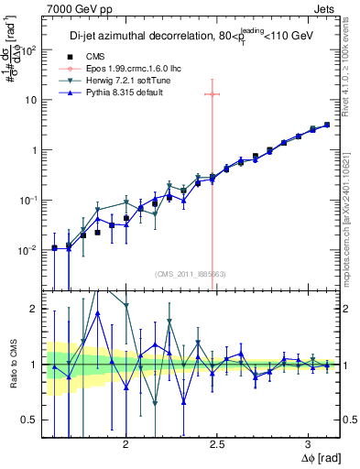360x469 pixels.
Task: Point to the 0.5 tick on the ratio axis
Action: pyautogui.click(x=32, y=420)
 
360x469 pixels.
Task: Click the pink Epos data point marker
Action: pyautogui.click(x=212, y=93)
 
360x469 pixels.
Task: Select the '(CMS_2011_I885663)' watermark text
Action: pyautogui.click(x=191, y=273)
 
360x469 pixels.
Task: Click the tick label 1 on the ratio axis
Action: pyautogui.click(x=37, y=365)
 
